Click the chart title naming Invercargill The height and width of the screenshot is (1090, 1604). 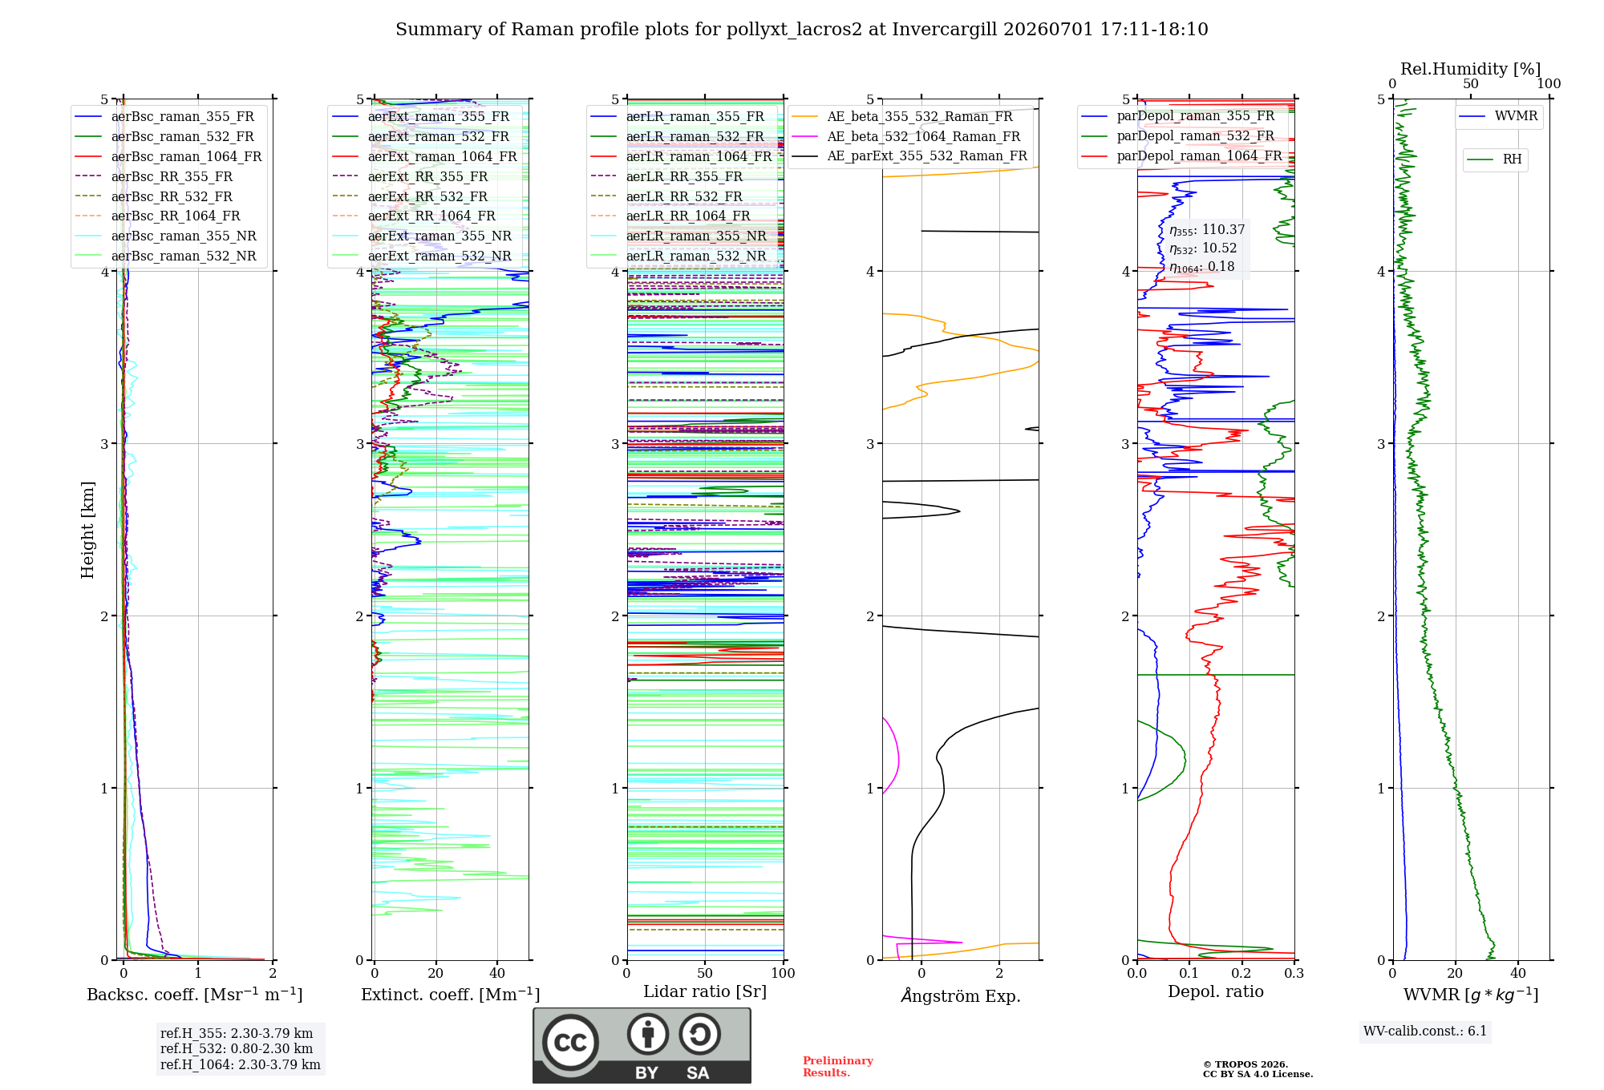[x=801, y=30]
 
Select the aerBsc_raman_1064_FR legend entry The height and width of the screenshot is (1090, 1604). [x=168, y=156]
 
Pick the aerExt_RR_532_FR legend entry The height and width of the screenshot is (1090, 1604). [x=410, y=196]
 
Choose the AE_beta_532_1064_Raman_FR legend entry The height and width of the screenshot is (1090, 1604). [x=906, y=136]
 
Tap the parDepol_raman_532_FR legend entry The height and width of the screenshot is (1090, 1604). [x=1178, y=136]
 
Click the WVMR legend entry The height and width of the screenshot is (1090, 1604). [x=1499, y=116]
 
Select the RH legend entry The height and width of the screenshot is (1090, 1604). [x=1495, y=159]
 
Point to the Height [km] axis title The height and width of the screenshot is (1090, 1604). [x=87, y=530]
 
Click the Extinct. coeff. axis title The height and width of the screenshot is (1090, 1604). [x=450, y=995]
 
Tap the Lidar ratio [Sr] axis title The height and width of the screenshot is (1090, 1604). [x=705, y=991]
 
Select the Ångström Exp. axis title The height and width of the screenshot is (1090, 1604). [x=961, y=995]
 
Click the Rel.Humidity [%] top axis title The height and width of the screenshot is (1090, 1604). [x=1471, y=69]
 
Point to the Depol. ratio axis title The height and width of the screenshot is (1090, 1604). [x=1216, y=991]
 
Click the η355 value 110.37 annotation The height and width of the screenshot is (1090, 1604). [x=1207, y=230]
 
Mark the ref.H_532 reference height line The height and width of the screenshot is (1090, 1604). [x=237, y=1048]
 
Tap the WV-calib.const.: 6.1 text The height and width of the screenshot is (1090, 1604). [x=1425, y=1031]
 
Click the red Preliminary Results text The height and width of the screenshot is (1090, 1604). [x=838, y=1067]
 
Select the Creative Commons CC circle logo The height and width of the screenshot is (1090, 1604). [x=570, y=1043]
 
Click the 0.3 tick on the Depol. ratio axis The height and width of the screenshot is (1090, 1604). [x=1294, y=974]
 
